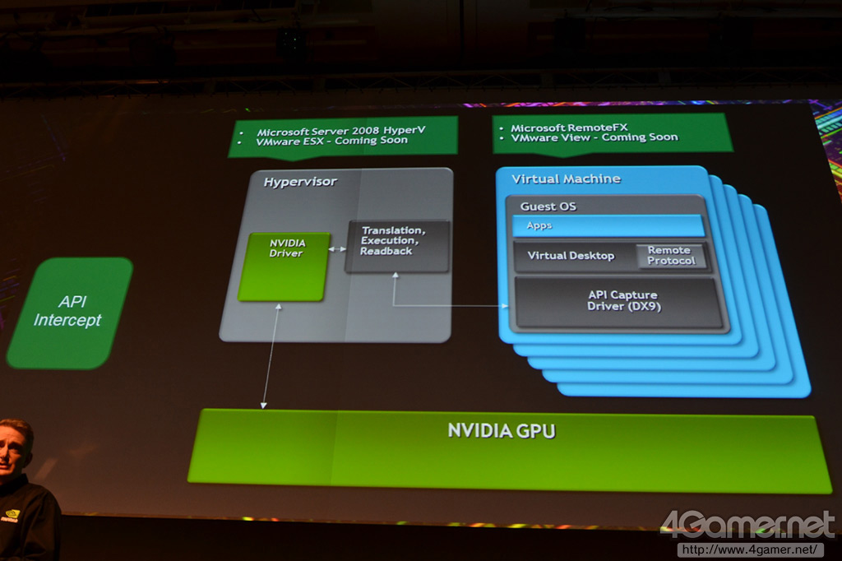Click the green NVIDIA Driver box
click(x=282, y=267)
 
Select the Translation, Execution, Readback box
click(x=397, y=245)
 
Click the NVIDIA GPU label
click(x=501, y=430)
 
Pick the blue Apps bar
click(x=608, y=225)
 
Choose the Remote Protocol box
click(x=671, y=256)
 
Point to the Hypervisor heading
click(x=300, y=182)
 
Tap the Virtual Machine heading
click(x=566, y=179)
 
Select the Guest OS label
click(x=548, y=206)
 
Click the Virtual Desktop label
click(x=571, y=256)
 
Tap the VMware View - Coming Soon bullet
click(x=594, y=137)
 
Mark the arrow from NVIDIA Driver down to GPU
click(x=271, y=354)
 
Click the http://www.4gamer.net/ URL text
click(x=749, y=549)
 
